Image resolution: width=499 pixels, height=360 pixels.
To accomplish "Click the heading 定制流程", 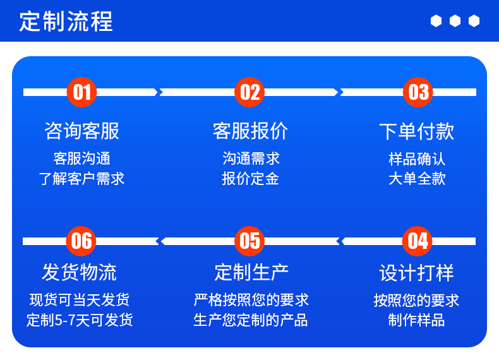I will pyautogui.click(x=66, y=21).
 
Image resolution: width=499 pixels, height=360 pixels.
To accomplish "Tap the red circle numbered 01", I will pyautogui.click(x=82, y=92).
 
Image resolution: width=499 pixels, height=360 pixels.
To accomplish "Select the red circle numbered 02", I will pyautogui.click(x=250, y=92).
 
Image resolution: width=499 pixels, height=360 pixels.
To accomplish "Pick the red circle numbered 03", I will pyautogui.click(x=418, y=92).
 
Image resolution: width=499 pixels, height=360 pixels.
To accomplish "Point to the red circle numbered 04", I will pyautogui.click(x=418, y=241).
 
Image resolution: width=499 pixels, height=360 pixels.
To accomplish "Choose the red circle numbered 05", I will pyautogui.click(x=250, y=241).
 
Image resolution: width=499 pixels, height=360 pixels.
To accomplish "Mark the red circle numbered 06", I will pyautogui.click(x=82, y=241).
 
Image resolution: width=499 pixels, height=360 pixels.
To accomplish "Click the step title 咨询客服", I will pyautogui.click(x=82, y=131).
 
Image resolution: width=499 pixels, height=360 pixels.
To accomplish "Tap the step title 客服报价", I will pyautogui.click(x=250, y=131).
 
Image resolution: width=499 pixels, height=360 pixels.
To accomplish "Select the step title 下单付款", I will pyautogui.click(x=417, y=131).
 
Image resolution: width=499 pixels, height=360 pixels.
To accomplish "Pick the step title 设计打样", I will pyautogui.click(x=417, y=273).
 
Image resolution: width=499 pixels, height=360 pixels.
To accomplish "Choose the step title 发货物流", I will pyautogui.click(x=80, y=272).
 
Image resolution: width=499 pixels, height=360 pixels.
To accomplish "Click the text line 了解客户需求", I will pyautogui.click(x=82, y=179).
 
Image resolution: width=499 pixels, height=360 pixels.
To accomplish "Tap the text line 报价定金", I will pyautogui.click(x=250, y=179).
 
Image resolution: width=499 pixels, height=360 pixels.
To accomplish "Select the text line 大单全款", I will pyautogui.click(x=417, y=179).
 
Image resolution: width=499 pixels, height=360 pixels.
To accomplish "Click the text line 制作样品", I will pyautogui.click(x=417, y=320).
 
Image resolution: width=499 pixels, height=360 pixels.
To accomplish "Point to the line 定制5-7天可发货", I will pyautogui.click(x=80, y=320).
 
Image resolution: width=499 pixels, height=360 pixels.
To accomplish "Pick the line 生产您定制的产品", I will pyautogui.click(x=251, y=320).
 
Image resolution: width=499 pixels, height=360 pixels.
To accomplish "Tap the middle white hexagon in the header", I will pyautogui.click(x=455, y=21).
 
